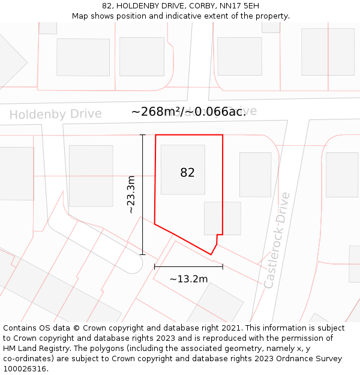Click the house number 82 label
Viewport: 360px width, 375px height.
[187, 173]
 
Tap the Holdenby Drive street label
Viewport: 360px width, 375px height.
[55, 114]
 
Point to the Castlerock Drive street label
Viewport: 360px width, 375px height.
[277, 240]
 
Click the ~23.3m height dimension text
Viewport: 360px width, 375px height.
[131, 194]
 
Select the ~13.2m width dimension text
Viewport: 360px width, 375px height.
[188, 279]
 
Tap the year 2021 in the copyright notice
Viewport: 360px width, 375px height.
[231, 328]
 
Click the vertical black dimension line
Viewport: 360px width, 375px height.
[143, 194]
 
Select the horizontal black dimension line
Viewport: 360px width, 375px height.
[188, 266]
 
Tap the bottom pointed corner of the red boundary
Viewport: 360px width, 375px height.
[211, 254]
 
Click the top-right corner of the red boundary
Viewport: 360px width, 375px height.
[223, 135]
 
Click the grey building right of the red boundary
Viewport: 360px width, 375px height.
[255, 174]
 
